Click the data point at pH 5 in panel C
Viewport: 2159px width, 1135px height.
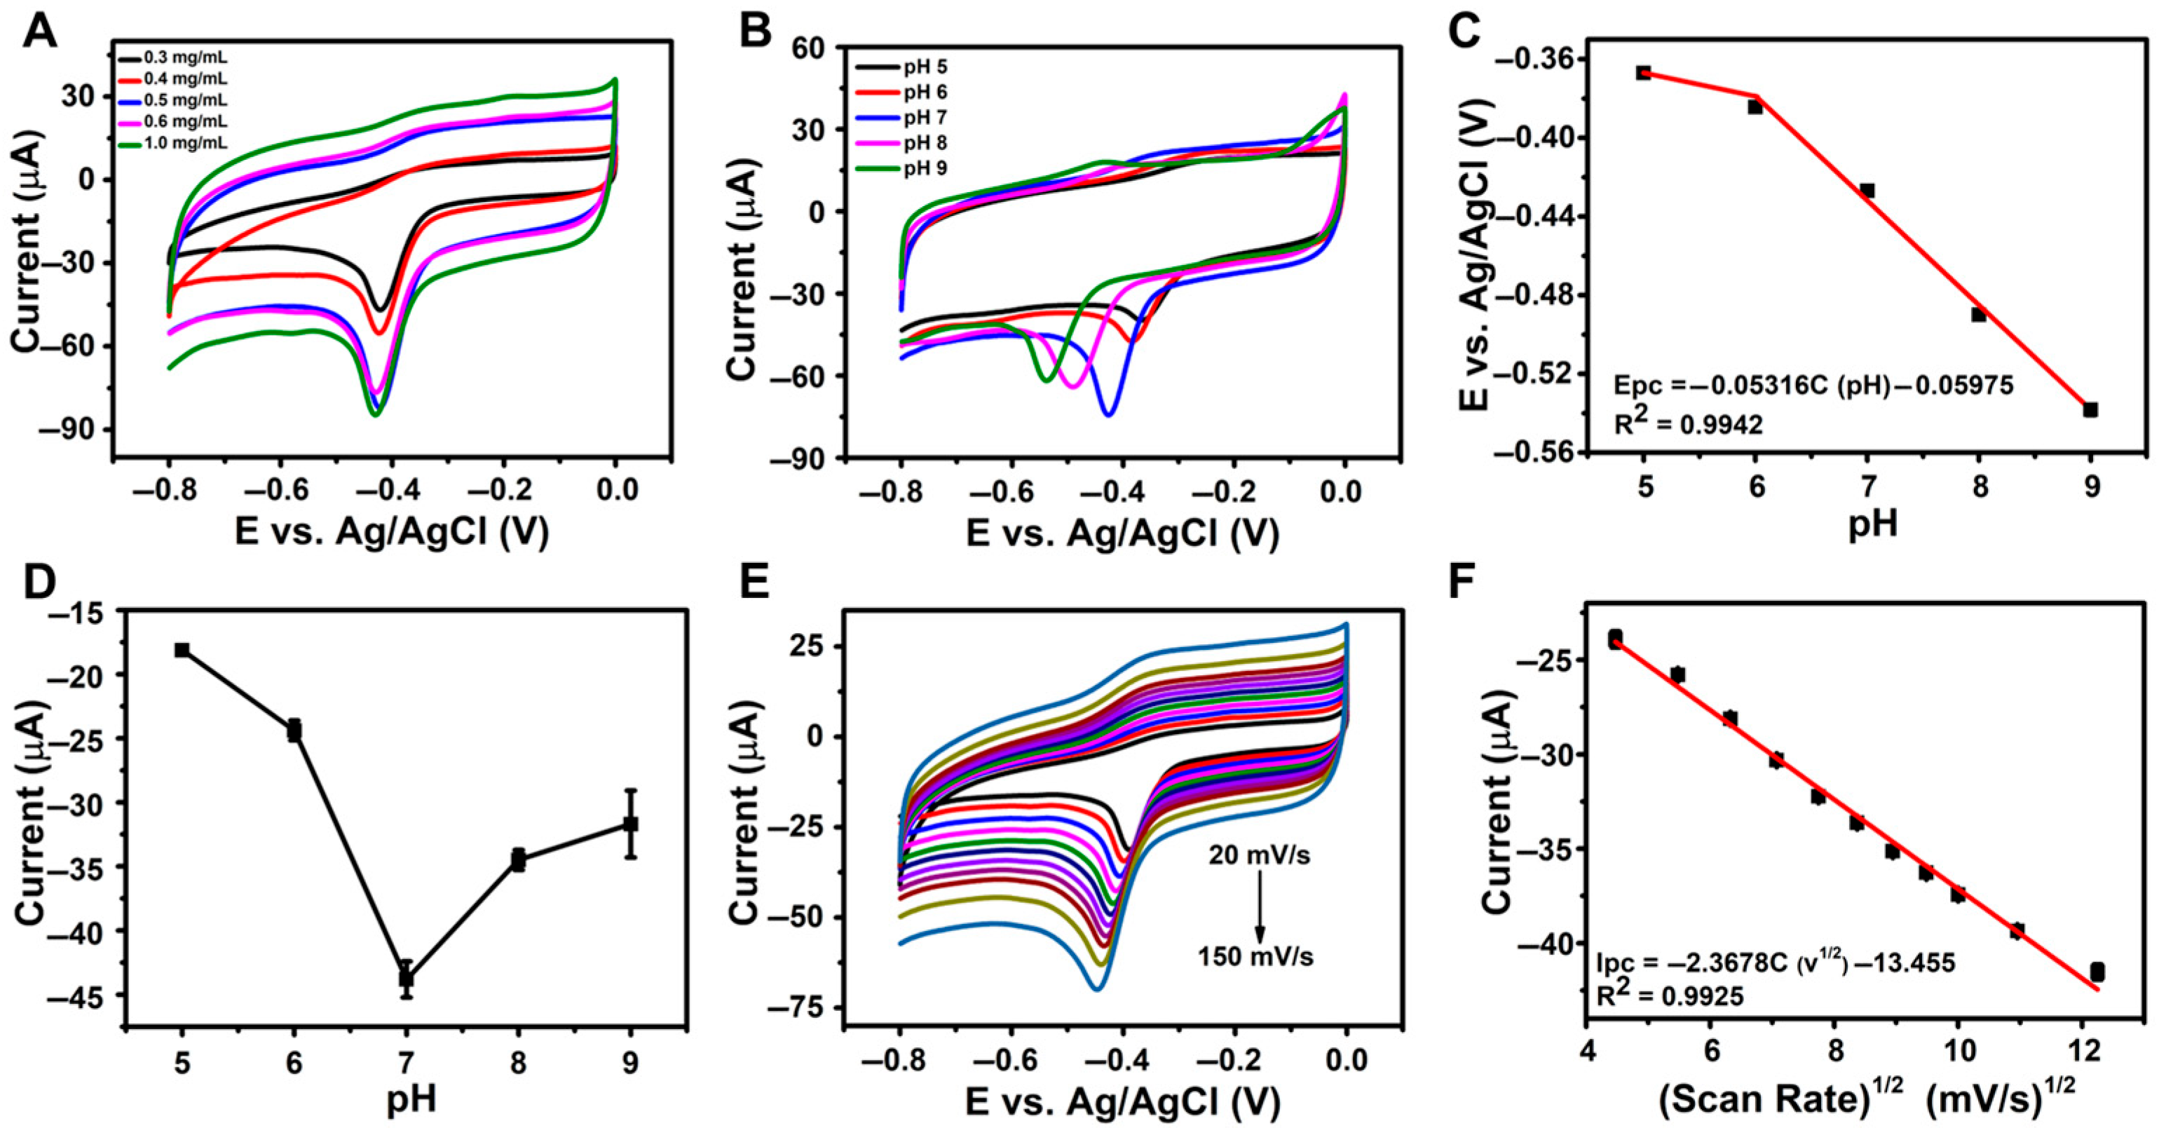(1644, 73)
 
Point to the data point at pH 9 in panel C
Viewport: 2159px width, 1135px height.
(2090, 410)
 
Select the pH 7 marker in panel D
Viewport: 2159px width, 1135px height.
(407, 977)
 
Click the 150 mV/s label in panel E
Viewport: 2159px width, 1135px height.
(1255, 956)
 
